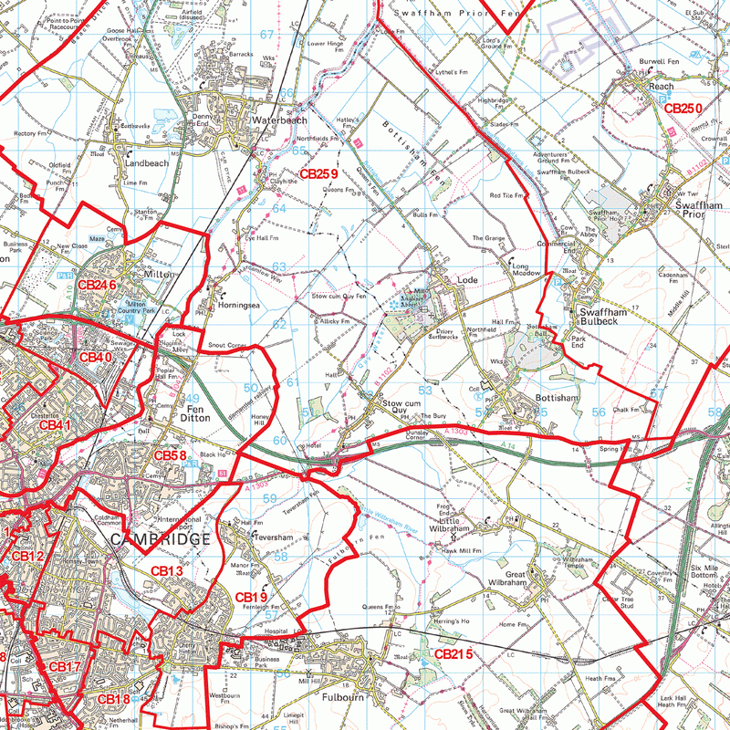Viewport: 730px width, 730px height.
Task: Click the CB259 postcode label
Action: (318, 173)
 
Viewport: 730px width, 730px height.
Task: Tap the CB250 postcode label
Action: (682, 109)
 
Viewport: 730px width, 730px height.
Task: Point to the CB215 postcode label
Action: (453, 654)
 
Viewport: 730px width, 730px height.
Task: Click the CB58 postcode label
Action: (170, 455)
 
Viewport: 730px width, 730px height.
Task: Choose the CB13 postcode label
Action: (167, 571)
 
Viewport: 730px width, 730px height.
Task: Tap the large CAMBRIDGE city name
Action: (159, 539)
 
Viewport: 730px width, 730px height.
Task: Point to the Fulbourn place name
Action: (343, 698)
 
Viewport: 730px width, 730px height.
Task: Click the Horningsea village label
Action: (241, 308)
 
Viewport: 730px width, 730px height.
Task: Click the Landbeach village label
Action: (146, 163)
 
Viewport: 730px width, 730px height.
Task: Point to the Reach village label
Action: (661, 87)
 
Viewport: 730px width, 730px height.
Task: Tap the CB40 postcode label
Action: (95, 358)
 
